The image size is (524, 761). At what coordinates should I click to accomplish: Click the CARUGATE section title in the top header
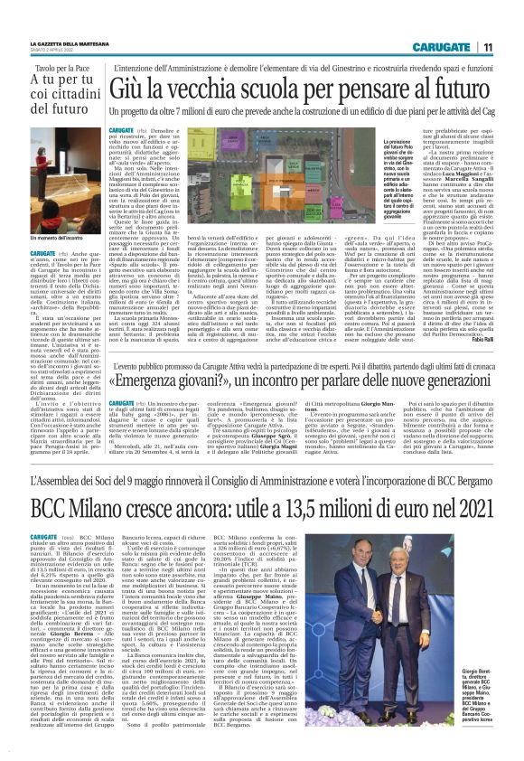pyautogui.click(x=440, y=46)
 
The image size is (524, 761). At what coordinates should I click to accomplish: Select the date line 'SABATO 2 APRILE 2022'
pyautogui.click(x=55, y=51)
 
